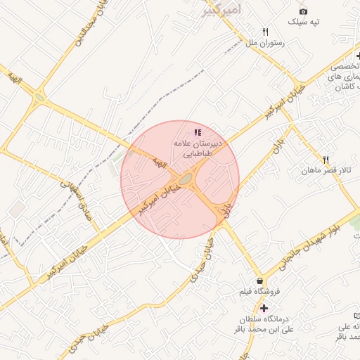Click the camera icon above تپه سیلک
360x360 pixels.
pyautogui.click(x=303, y=11)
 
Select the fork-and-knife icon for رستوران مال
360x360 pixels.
pyautogui.click(x=265, y=32)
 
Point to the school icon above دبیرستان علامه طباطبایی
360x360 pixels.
pyautogui.click(x=198, y=131)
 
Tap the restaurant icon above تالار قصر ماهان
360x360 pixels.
pyautogui.click(x=326, y=160)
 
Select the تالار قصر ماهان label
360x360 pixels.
pyautogui.click(x=321, y=171)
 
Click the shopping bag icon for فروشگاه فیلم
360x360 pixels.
pyautogui.click(x=260, y=280)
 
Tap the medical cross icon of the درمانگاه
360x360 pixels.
pyautogui.click(x=264, y=308)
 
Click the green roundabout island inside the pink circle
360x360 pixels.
pyautogui.click(x=186, y=181)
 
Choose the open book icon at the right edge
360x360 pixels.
pyautogui.click(x=356, y=315)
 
